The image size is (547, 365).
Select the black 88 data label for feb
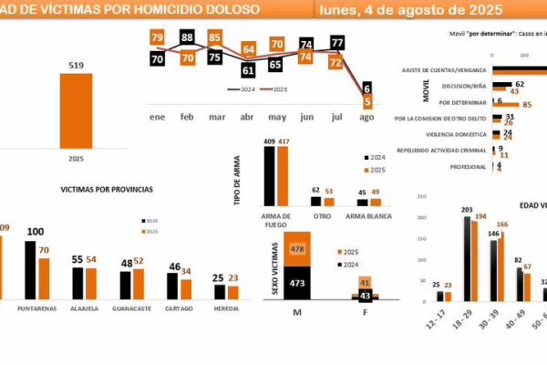click(188, 37)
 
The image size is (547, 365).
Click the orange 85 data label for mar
click(215, 37)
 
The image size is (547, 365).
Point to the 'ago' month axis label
click(366, 118)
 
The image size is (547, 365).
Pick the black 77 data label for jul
click(337, 43)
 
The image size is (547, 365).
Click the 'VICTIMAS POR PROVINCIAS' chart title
click(107, 189)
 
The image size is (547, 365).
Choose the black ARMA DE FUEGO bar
click(269, 176)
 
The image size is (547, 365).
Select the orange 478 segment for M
click(295, 248)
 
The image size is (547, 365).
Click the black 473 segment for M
click(295, 282)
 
